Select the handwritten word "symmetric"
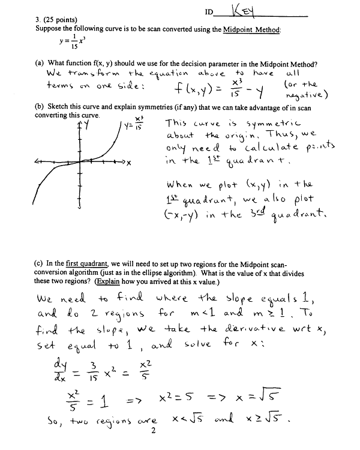tap(235, 123)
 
